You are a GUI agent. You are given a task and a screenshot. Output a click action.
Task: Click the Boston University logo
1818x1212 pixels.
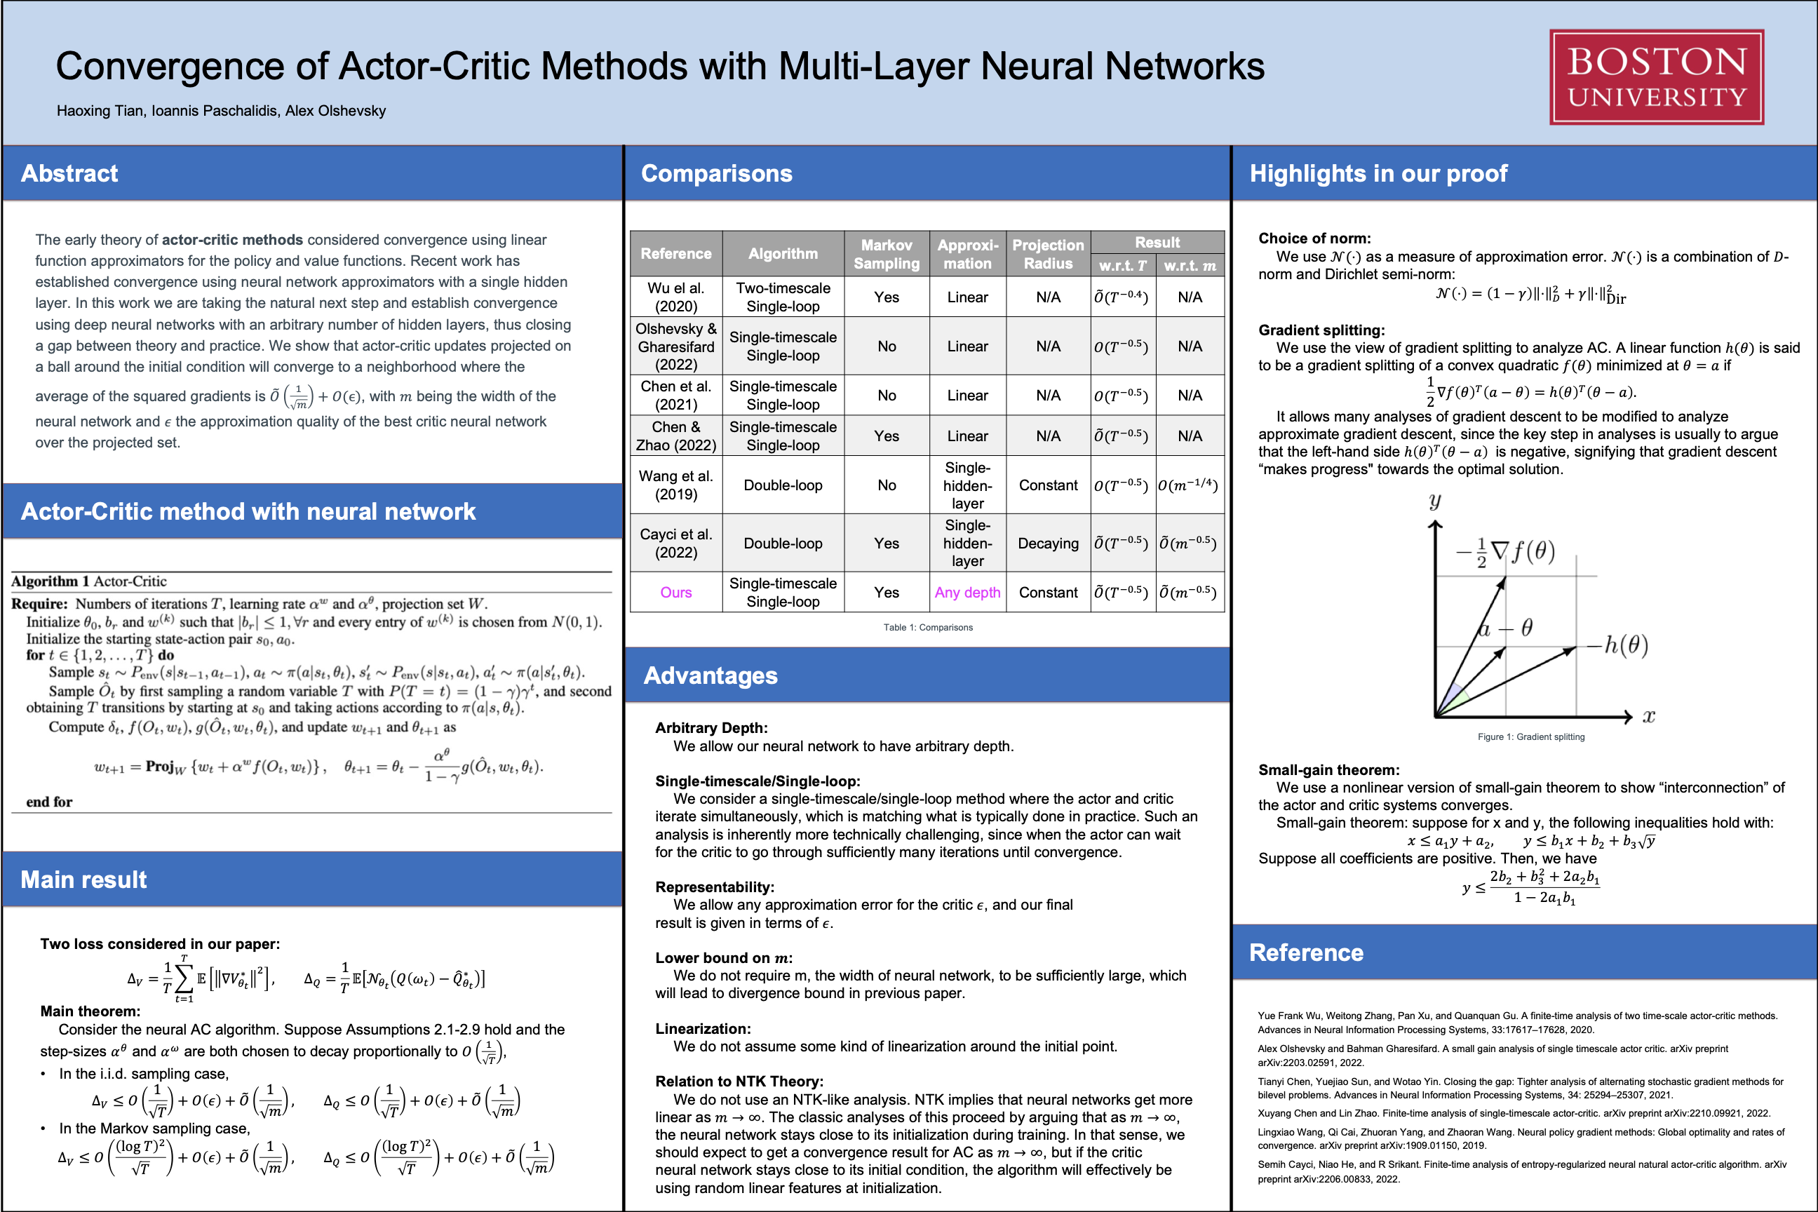click(x=1656, y=76)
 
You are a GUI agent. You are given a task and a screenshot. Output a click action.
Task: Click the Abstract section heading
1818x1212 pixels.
click(x=69, y=173)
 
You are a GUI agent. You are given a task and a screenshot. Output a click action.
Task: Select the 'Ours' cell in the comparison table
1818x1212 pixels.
click(x=675, y=593)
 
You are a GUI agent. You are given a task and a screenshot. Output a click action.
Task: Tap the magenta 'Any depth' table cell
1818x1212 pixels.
click(x=967, y=593)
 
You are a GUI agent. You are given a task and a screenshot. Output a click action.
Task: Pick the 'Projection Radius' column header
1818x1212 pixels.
click(x=1047, y=253)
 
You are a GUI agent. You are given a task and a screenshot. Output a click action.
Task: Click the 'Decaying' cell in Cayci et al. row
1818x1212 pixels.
click(x=1047, y=544)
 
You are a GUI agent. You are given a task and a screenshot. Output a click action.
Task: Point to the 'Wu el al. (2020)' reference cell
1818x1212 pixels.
click(x=675, y=297)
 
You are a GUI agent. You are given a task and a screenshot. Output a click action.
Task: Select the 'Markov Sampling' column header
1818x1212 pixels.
click(x=886, y=253)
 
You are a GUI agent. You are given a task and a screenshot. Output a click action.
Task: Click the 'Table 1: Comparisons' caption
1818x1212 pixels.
click(x=927, y=628)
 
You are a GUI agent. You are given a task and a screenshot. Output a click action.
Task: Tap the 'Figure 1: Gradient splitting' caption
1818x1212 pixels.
click(x=1530, y=736)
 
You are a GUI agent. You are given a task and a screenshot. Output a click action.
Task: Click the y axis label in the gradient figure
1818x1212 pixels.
click(x=1434, y=501)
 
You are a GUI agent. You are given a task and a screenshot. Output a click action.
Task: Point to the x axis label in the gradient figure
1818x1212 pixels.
click(x=1649, y=717)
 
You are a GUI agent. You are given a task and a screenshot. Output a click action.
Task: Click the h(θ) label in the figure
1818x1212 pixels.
click(x=1626, y=645)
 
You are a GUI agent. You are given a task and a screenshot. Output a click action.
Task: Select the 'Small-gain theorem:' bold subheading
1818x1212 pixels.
click(x=1328, y=770)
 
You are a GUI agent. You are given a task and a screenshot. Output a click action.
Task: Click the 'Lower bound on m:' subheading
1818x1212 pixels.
click(x=724, y=957)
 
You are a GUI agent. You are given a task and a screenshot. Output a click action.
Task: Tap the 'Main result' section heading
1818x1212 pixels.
click(x=83, y=880)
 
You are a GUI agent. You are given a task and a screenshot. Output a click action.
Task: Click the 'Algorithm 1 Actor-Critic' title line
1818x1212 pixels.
click(x=89, y=581)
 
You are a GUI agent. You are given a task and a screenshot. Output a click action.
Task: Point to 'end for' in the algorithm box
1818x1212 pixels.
click(x=50, y=802)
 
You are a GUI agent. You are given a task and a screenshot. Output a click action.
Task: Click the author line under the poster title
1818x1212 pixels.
click(x=221, y=111)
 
